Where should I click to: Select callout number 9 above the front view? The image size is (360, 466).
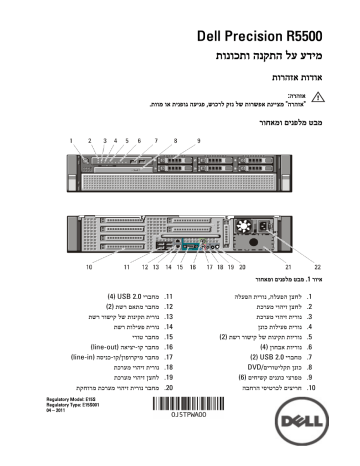point(199,141)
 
